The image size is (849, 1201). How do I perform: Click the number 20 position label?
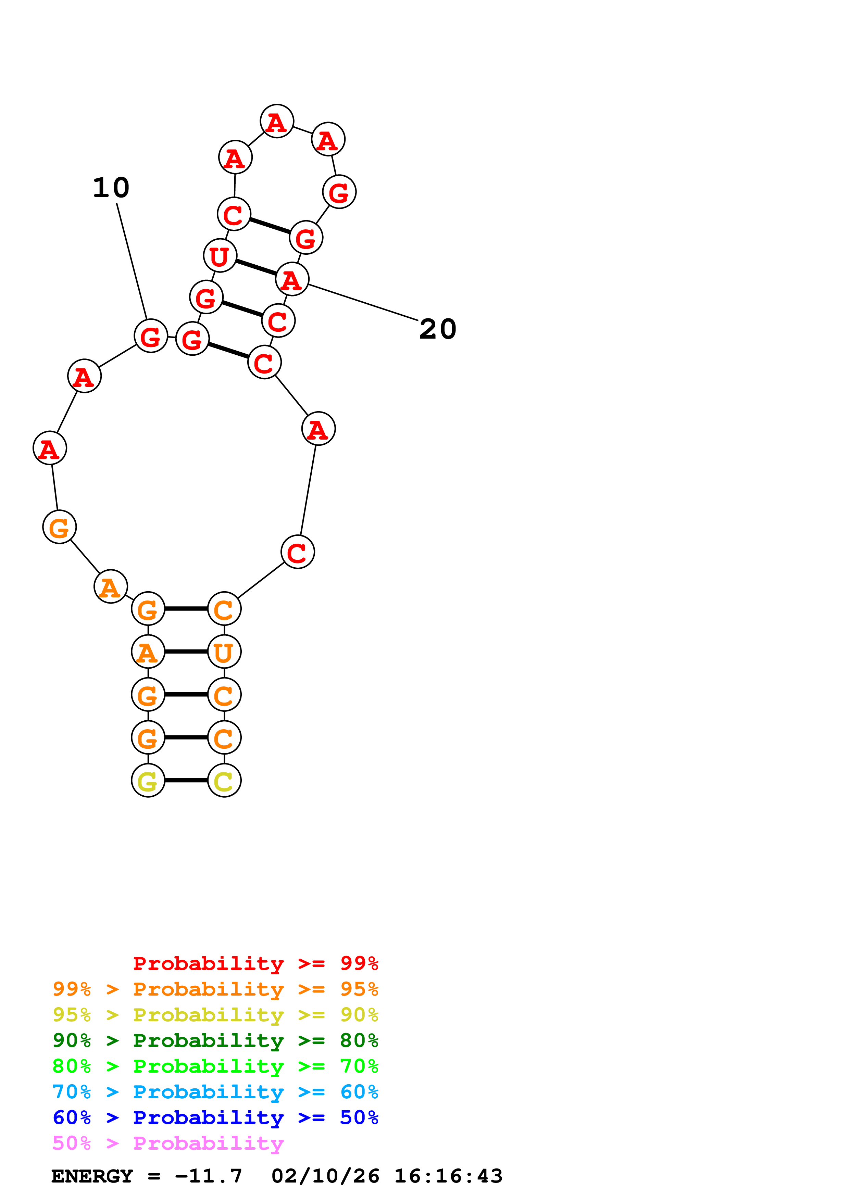point(438,329)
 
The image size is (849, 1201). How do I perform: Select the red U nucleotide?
point(220,256)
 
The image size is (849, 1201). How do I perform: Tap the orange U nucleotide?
point(224,652)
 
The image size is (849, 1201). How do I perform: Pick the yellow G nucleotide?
point(148,781)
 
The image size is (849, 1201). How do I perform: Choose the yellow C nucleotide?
point(224,781)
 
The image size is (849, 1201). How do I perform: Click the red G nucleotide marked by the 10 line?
point(151,336)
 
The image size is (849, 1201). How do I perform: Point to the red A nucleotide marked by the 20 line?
point(292,279)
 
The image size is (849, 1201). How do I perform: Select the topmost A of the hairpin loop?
point(277,121)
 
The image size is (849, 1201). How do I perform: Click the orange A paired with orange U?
point(148,652)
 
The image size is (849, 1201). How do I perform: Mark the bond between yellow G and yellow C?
point(186,781)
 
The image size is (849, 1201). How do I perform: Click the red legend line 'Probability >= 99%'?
point(255,963)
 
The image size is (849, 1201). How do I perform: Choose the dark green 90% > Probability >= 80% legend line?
point(215,1040)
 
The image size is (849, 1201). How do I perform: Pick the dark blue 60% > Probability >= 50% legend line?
point(215,1117)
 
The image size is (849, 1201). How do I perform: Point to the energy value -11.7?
point(208,1176)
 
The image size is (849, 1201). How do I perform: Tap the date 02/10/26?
point(325,1176)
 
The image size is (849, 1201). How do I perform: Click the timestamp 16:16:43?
point(448,1176)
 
